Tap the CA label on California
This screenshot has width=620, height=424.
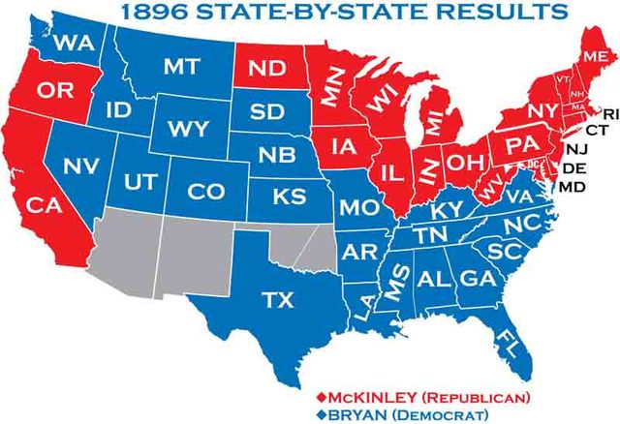coord(43,205)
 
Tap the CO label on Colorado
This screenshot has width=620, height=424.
coord(205,192)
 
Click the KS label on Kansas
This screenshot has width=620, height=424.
coord(288,197)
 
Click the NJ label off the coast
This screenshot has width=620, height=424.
coord(576,148)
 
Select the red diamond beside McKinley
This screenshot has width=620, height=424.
coord(321,397)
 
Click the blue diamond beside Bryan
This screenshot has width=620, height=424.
coord(321,415)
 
